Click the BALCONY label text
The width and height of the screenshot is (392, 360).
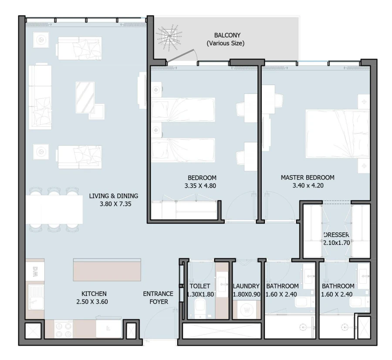pyautogui.click(x=227, y=35)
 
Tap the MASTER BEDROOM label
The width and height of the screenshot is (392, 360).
pyautogui.click(x=308, y=177)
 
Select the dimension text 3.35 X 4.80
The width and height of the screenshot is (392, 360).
pyautogui.click(x=202, y=186)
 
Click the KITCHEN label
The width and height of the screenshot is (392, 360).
pyautogui.click(x=94, y=294)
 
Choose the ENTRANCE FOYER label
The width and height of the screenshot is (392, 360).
pyautogui.click(x=158, y=297)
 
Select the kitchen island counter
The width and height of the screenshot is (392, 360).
pyautogui.click(x=107, y=270)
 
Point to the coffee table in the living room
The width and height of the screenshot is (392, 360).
pyautogui.click(x=85, y=97)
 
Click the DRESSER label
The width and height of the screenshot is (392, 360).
pyautogui.click(x=336, y=235)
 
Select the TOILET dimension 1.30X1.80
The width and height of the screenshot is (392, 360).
pyautogui.click(x=200, y=294)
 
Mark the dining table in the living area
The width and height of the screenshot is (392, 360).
pyautogui.click(x=54, y=209)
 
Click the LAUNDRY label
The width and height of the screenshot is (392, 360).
pyautogui.click(x=246, y=286)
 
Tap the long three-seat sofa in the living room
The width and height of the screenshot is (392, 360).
pyautogui.click(x=40, y=96)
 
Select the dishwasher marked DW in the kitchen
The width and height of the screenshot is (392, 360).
pyautogui.click(x=35, y=271)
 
